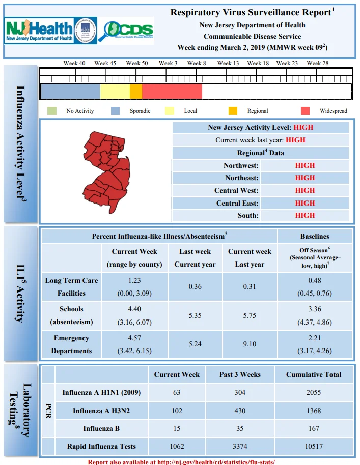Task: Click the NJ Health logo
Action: pos(39,31)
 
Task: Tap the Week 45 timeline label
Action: pos(105,63)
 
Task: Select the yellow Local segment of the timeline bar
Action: pos(115,91)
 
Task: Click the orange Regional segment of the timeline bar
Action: pos(136,91)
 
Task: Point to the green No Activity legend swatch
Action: pos(52,111)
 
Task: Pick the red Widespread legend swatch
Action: pos(305,111)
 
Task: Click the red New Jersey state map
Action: pos(106,172)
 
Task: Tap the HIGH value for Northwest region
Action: pos(305,165)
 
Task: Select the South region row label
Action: pos(248,215)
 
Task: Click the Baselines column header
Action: pos(315,237)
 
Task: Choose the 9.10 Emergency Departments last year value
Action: pos(250,344)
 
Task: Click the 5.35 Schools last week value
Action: pos(195,315)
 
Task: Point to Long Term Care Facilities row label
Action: pos(71,287)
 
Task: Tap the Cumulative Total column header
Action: pos(314,374)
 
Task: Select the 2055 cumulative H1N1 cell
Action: pos(314,392)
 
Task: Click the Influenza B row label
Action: pos(101,428)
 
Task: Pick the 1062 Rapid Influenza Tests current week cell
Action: pos(177,446)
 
